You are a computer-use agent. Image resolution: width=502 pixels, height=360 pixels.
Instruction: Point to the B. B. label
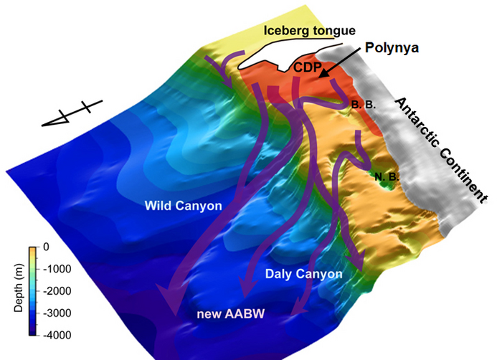pyautogui.click(x=363, y=105)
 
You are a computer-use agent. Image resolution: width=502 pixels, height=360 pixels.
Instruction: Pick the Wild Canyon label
pyautogui.click(x=183, y=207)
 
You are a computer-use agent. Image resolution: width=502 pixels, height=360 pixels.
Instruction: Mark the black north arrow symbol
pyautogui.click(x=70, y=115)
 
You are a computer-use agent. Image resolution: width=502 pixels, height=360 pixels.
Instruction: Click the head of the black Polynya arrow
pyautogui.click(x=320, y=75)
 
